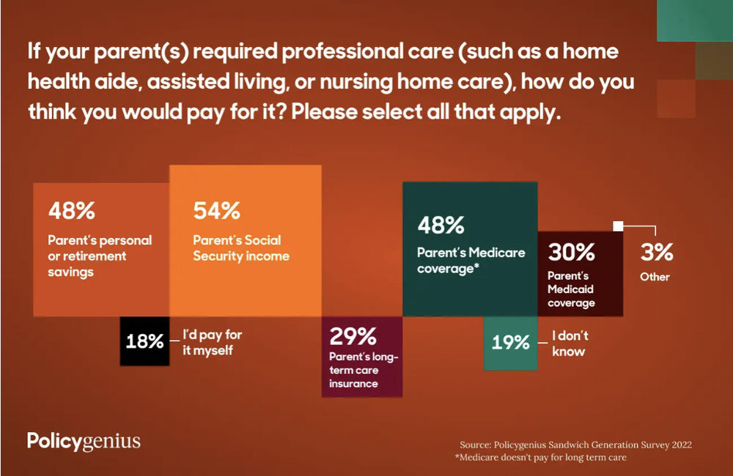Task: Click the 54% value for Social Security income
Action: click(x=217, y=211)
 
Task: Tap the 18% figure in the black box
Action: click(x=144, y=341)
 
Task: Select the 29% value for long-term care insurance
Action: click(x=353, y=337)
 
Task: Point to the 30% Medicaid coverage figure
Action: click(x=572, y=253)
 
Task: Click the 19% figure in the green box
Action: click(x=510, y=342)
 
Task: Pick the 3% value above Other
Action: click(x=657, y=253)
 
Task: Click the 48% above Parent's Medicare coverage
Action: click(x=441, y=225)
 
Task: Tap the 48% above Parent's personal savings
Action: click(x=72, y=211)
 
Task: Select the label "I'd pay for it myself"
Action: click(x=212, y=343)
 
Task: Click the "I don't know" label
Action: click(x=570, y=343)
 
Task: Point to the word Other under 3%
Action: click(x=655, y=277)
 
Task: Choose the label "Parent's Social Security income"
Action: click(x=241, y=248)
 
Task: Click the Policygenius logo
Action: click(x=84, y=441)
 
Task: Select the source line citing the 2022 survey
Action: click(x=575, y=445)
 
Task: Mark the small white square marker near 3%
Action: click(x=618, y=226)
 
